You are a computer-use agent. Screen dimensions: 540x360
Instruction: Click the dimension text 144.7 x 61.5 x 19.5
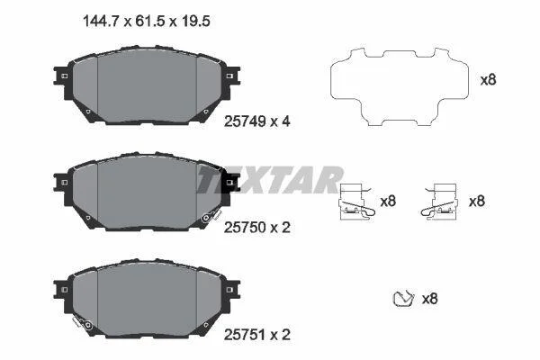pos(147,22)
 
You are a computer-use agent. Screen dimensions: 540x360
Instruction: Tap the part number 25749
pos(245,121)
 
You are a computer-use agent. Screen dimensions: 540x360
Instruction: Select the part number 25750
pos(245,228)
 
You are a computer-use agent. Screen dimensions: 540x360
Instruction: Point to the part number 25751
pos(245,335)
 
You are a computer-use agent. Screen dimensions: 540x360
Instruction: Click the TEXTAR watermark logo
pos(270,179)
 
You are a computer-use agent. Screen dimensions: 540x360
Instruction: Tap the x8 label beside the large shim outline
pos(489,80)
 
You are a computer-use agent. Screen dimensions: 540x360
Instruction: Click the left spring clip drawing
pos(355,202)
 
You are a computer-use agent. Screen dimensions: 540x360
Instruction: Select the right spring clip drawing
pos(440,202)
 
